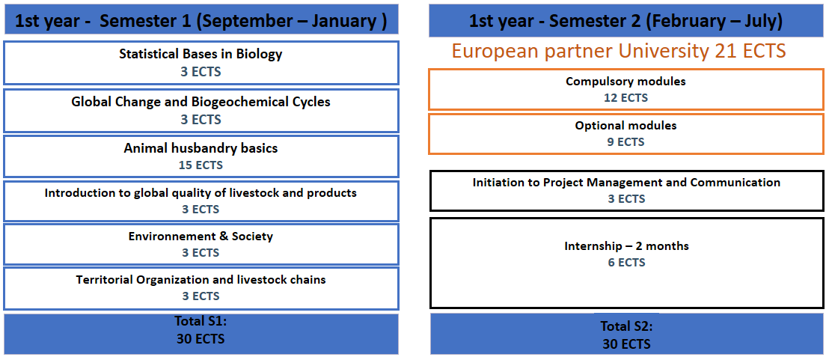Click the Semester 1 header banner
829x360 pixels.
[x=201, y=20]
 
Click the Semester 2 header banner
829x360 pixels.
[x=626, y=21]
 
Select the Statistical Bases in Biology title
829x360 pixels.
[x=201, y=54]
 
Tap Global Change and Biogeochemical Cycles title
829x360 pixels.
[x=201, y=102]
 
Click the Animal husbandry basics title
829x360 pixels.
[x=201, y=148]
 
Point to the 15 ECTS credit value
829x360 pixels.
[x=201, y=165]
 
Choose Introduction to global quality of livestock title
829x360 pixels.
[x=201, y=193]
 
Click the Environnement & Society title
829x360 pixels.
[x=201, y=237]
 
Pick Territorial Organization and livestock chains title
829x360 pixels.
[x=201, y=280]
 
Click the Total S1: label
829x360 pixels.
[x=201, y=321]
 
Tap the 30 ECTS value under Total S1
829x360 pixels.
[x=201, y=339]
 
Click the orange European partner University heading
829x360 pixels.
[x=619, y=52]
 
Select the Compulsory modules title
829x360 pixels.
[x=626, y=82]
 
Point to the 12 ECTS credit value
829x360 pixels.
[x=626, y=98]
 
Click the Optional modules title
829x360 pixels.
[x=626, y=126]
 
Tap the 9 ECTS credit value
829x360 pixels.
[x=626, y=142]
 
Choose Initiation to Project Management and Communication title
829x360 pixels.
[x=626, y=183]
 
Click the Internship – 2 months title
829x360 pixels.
[x=626, y=246]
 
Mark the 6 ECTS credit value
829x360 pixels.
[x=626, y=263]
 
